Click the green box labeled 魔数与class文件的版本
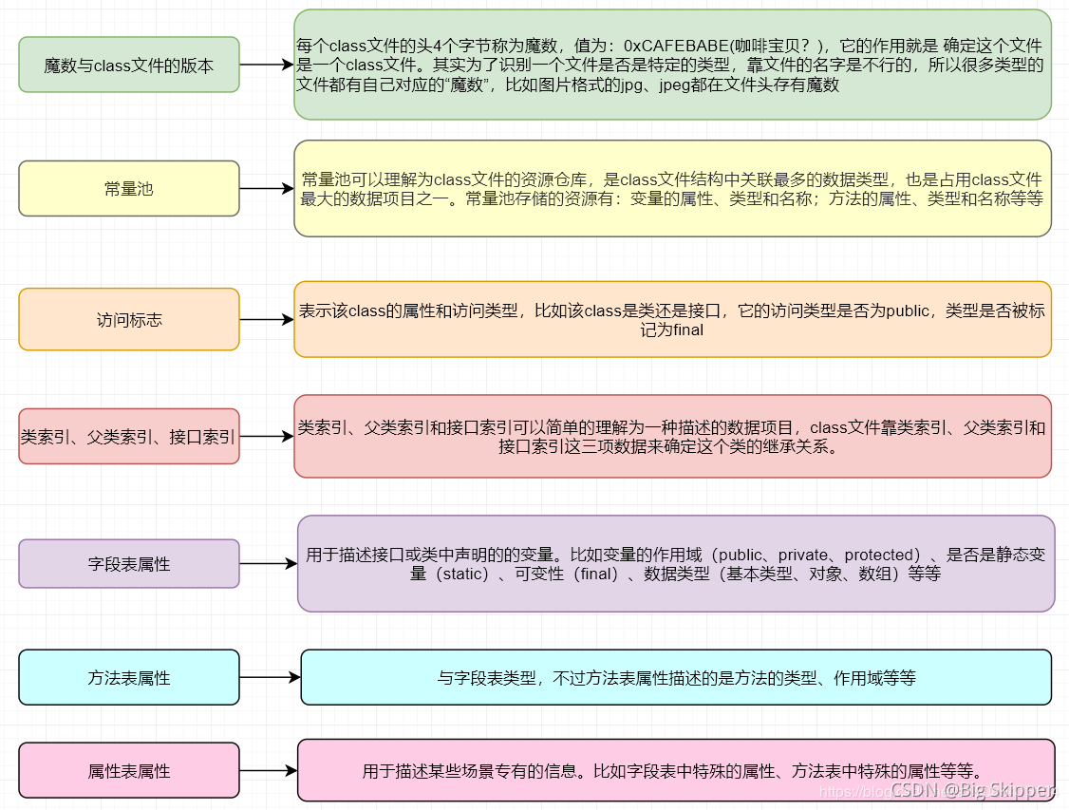tap(129, 65)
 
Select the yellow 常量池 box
tap(129, 188)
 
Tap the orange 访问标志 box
tap(129, 320)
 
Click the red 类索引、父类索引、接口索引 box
tap(129, 437)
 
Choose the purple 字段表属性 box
tap(129, 564)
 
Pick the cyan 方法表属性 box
tap(129, 678)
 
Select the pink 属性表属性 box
tap(129, 771)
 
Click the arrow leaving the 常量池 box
tap(267, 188)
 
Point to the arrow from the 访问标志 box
tap(267, 320)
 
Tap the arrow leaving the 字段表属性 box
tap(269, 564)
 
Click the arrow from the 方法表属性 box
tap(271, 678)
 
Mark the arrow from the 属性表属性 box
tap(269, 771)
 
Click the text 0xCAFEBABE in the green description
tap(674, 46)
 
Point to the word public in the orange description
tap(908, 311)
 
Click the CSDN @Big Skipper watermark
tap(972, 789)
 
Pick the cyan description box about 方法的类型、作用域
tap(676, 678)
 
